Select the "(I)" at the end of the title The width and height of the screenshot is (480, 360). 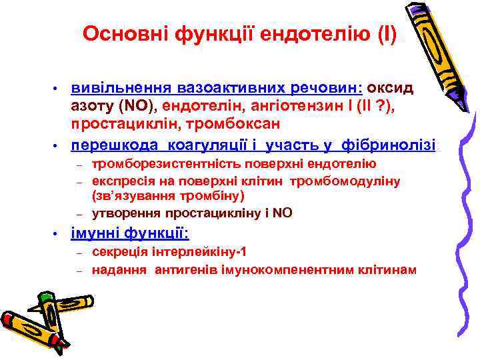[385, 34]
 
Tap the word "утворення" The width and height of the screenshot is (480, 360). [124, 213]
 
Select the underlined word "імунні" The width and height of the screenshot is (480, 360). [97, 233]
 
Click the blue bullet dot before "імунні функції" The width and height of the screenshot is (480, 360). [57, 234]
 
